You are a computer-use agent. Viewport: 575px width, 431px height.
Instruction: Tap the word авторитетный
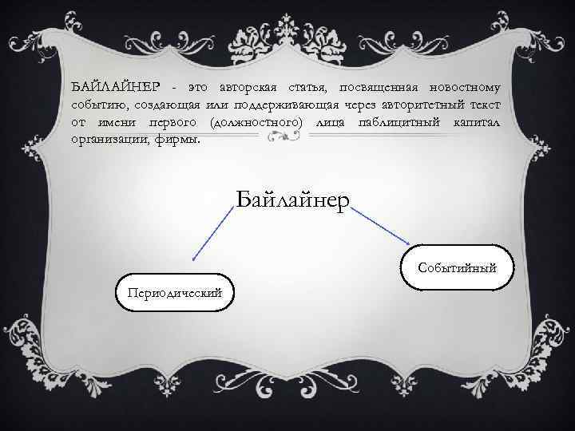coord(421,105)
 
